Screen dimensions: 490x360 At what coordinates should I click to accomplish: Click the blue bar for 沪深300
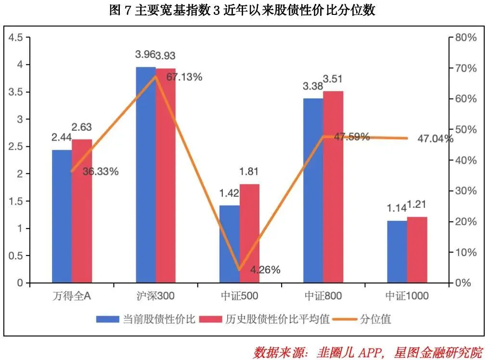146,175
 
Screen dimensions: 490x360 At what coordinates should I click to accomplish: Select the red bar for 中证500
249,233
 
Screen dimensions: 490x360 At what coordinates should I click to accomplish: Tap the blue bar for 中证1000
397,252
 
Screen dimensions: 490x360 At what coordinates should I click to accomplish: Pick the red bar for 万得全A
82,211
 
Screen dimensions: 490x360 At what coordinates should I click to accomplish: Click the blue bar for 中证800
313,191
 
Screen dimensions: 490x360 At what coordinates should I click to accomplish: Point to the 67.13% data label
184,77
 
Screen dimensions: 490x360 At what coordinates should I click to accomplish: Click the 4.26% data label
265,270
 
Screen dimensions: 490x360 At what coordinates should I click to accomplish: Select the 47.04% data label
435,139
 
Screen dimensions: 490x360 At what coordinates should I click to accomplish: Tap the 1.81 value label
249,171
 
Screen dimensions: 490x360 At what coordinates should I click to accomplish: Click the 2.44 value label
62,137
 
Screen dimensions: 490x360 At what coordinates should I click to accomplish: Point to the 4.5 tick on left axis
15,38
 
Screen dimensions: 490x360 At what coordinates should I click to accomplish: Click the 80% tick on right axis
466,38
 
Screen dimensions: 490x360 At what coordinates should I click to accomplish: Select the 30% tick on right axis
466,191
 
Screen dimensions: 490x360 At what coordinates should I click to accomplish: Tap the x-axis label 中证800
323,296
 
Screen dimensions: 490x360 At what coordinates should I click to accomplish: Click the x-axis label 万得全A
72,296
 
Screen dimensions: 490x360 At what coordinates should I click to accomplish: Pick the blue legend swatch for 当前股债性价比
107,320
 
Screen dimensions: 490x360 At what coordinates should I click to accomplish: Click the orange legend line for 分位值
345,320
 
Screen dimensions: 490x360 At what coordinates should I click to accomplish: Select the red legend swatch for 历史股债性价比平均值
210,320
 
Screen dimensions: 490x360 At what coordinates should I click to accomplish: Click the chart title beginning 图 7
242,10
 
